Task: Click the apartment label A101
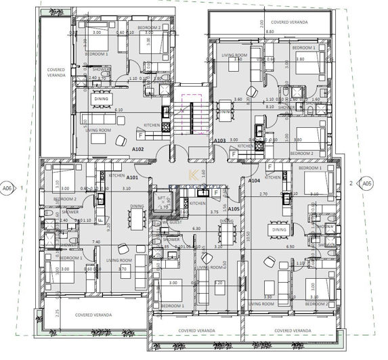pyautogui.click(x=132, y=177)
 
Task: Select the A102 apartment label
pyautogui.click(x=137, y=149)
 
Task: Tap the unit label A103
pyautogui.click(x=219, y=141)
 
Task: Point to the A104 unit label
pyautogui.click(x=254, y=181)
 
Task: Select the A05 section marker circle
pyautogui.click(x=366, y=183)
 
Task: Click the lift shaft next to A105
pyautogui.click(x=162, y=200)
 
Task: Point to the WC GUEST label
pyautogui.click(x=172, y=223)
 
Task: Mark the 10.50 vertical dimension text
pyautogui.click(x=249, y=237)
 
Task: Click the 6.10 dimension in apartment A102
pyautogui.click(x=118, y=110)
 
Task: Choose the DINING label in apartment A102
pyautogui.click(x=101, y=99)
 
